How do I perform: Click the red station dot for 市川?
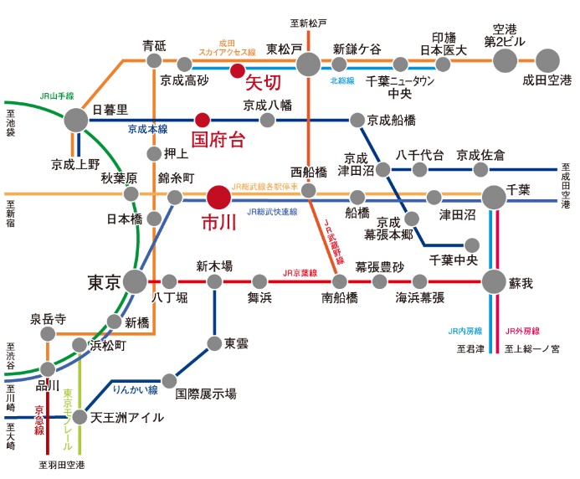click(218, 197)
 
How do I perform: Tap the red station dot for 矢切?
click(238, 70)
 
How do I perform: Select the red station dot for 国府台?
click(201, 120)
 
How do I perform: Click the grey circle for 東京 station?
click(135, 281)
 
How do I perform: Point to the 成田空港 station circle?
click(547, 60)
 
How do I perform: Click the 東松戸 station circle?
click(308, 63)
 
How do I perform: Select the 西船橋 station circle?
click(308, 192)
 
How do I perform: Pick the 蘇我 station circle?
click(495, 281)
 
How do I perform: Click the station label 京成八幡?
click(266, 106)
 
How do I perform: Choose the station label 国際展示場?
click(206, 393)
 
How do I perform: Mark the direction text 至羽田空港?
click(62, 463)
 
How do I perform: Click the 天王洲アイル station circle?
click(80, 416)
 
